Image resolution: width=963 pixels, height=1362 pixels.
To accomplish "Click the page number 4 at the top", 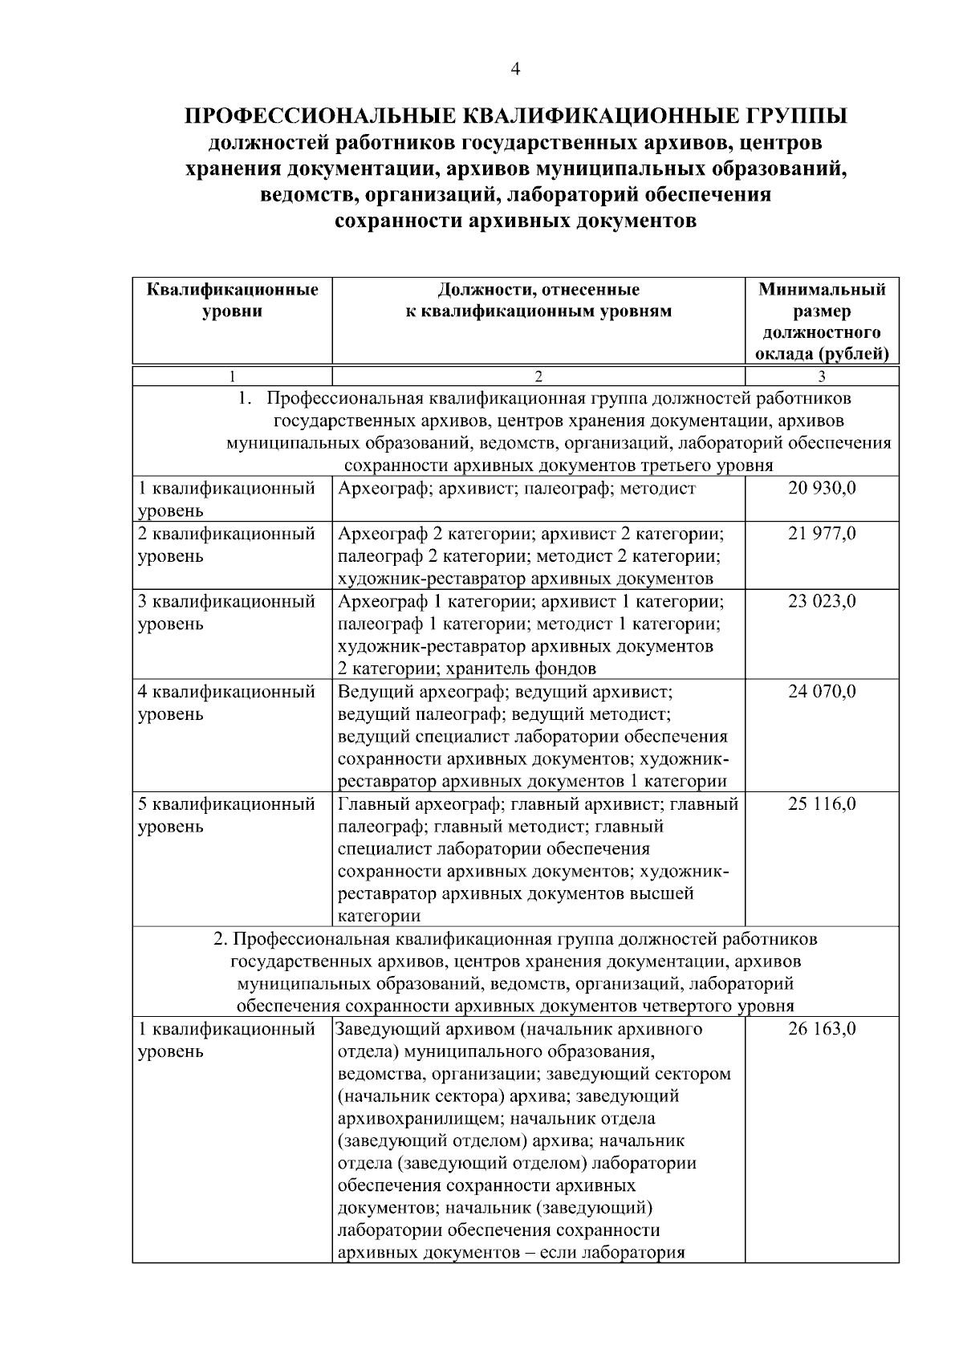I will pyautogui.click(x=515, y=70).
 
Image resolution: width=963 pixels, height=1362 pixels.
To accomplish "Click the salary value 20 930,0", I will pyautogui.click(x=822, y=488).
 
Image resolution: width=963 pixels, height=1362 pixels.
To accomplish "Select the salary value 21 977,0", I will pyautogui.click(x=822, y=533).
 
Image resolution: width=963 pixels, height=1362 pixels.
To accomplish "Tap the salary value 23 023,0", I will pyautogui.click(x=822, y=601).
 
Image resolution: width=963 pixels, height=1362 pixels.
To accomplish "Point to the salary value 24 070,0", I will pyautogui.click(x=822, y=691).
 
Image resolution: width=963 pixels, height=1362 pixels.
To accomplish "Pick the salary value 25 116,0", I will pyautogui.click(x=822, y=803).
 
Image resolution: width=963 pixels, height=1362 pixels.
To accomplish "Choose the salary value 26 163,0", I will pyautogui.click(x=822, y=1029).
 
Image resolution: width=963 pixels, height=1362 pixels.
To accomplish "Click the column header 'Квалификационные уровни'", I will pyautogui.click(x=233, y=300).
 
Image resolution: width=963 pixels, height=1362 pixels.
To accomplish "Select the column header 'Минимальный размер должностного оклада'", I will pyautogui.click(x=822, y=321).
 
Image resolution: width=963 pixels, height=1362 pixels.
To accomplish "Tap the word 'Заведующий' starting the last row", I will pyautogui.click(x=378, y=1029).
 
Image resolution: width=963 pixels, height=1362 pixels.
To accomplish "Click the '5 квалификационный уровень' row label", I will pyautogui.click(x=226, y=814).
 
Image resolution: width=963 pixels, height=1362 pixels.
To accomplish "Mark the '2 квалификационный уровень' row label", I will pyautogui.click(x=226, y=544).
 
